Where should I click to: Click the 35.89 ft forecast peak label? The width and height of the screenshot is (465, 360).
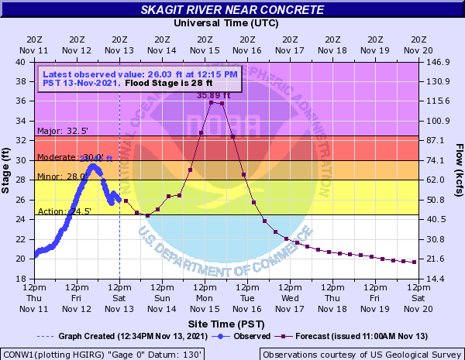click(x=214, y=95)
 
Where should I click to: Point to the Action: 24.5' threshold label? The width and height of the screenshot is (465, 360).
click(x=57, y=211)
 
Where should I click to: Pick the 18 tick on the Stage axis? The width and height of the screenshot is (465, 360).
click(x=27, y=278)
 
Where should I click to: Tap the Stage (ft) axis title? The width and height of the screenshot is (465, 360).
click(x=8, y=170)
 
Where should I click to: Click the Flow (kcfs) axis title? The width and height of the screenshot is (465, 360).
click(x=458, y=170)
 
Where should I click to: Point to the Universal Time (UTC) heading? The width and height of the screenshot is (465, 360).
click(x=226, y=22)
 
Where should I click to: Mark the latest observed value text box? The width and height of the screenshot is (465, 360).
click(x=139, y=78)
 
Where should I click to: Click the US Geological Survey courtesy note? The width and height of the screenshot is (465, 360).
click(x=360, y=354)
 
